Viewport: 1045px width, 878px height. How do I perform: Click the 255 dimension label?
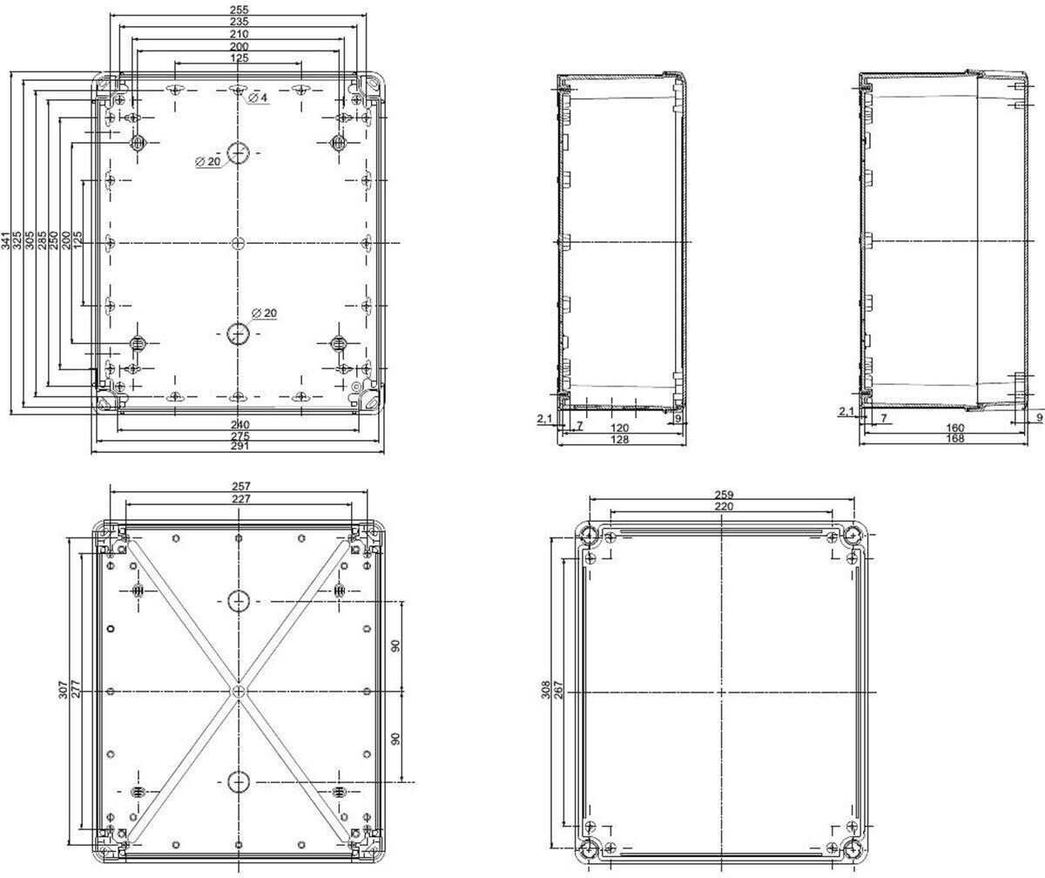point(239,10)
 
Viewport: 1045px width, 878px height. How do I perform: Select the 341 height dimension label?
point(5,240)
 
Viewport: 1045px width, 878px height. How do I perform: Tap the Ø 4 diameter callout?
point(258,98)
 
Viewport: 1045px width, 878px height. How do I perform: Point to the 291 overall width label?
point(239,445)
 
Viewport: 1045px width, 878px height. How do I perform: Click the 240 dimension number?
point(239,424)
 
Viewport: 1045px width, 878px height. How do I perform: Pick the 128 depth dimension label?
point(619,439)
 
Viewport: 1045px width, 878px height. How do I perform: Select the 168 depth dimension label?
point(955,438)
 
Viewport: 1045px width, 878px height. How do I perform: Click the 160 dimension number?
point(955,428)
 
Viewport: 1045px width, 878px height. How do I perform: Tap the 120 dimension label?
point(619,428)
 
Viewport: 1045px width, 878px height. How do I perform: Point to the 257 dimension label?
point(240,486)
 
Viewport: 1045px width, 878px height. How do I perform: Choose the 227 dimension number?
point(240,498)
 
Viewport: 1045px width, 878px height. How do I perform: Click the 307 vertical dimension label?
point(63,689)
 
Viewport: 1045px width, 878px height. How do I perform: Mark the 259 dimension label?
point(724,495)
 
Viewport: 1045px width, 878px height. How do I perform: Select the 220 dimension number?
point(724,506)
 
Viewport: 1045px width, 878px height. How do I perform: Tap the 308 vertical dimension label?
point(545,689)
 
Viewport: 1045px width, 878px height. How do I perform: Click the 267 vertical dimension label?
point(558,689)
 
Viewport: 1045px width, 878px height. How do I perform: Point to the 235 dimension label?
point(239,22)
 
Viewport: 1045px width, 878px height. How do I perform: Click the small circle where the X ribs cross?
point(239,692)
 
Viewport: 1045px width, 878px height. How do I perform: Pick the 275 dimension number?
point(239,436)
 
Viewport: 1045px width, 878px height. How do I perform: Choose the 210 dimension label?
point(239,34)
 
